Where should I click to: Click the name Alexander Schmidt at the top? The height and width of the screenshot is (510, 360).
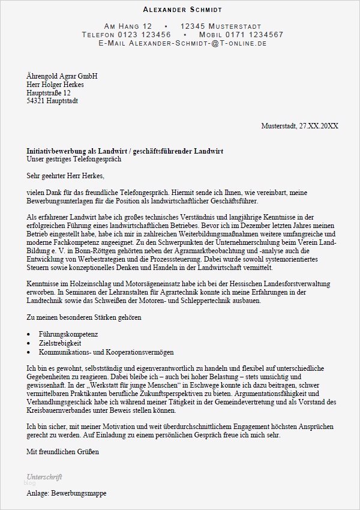[x=182, y=10]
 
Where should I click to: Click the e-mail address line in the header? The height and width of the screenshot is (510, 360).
[x=182, y=43]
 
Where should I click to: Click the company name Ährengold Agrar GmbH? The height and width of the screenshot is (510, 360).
[x=62, y=76]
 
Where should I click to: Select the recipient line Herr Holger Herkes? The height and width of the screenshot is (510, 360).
[x=55, y=85]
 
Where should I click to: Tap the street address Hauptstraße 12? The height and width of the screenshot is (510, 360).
[x=49, y=93]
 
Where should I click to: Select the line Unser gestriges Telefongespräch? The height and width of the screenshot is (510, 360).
[x=74, y=159]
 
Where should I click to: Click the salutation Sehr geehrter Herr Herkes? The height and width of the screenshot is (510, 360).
[x=65, y=176]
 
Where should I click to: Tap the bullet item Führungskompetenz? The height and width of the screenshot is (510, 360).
[x=68, y=334]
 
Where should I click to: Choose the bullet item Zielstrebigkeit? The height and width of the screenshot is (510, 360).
[x=60, y=343]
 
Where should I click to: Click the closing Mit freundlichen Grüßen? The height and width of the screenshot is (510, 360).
[x=62, y=451]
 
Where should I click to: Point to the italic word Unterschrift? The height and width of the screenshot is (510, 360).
[x=44, y=476]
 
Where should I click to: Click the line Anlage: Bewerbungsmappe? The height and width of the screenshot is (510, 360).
[x=66, y=493]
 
